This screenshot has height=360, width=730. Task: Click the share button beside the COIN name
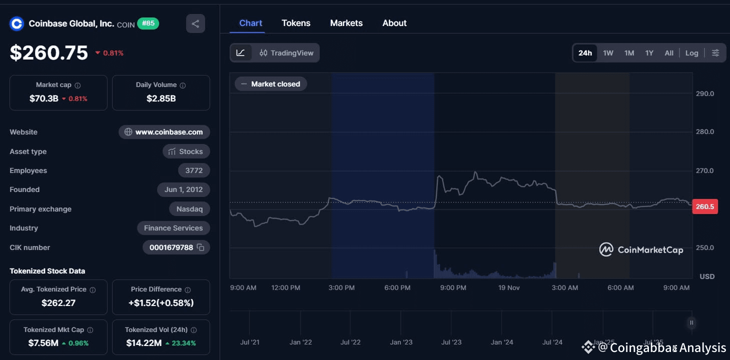pos(195,23)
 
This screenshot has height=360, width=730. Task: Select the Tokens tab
pos(296,23)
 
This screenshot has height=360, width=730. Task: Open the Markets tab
pos(346,23)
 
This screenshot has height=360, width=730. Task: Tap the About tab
pos(394,23)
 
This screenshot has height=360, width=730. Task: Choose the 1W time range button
pos(608,53)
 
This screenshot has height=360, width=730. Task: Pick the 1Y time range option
pos(649,53)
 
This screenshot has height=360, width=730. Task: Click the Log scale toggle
pos(691,53)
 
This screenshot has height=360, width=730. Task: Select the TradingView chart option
pos(287,53)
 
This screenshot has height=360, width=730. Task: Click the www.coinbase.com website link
pos(164,132)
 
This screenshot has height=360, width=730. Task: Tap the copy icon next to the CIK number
pos(201,247)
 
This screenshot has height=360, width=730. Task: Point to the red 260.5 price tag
pos(704,206)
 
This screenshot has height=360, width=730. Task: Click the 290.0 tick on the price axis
pos(704,93)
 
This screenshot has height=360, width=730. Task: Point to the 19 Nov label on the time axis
pos(509,287)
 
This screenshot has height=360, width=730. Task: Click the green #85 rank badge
pos(148,23)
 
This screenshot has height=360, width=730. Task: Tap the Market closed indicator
pos(271,84)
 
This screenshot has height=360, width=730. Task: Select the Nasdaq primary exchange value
pos(189,209)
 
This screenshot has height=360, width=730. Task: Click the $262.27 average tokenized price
pos(58,302)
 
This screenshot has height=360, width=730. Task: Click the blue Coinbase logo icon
pos(17,23)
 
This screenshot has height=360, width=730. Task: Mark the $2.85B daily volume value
pos(161,98)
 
